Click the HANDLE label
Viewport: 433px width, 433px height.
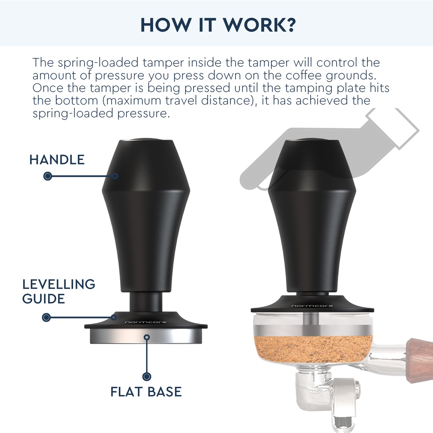[x=57, y=160]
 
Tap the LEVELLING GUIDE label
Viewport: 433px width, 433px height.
[x=58, y=291]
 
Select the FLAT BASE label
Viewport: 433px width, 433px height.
[x=146, y=392]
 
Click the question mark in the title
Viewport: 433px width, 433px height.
[x=290, y=25]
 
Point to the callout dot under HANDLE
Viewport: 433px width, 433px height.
[x=48, y=176]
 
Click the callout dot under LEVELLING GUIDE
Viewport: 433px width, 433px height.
[x=47, y=317]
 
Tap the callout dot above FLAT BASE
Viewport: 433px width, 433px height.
[x=147, y=376]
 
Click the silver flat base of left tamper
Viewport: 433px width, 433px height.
[x=146, y=336]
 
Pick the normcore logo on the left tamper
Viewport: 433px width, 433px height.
[x=146, y=322]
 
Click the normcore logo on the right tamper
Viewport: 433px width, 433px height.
[x=312, y=306]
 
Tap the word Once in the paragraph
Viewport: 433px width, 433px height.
[x=48, y=88]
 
